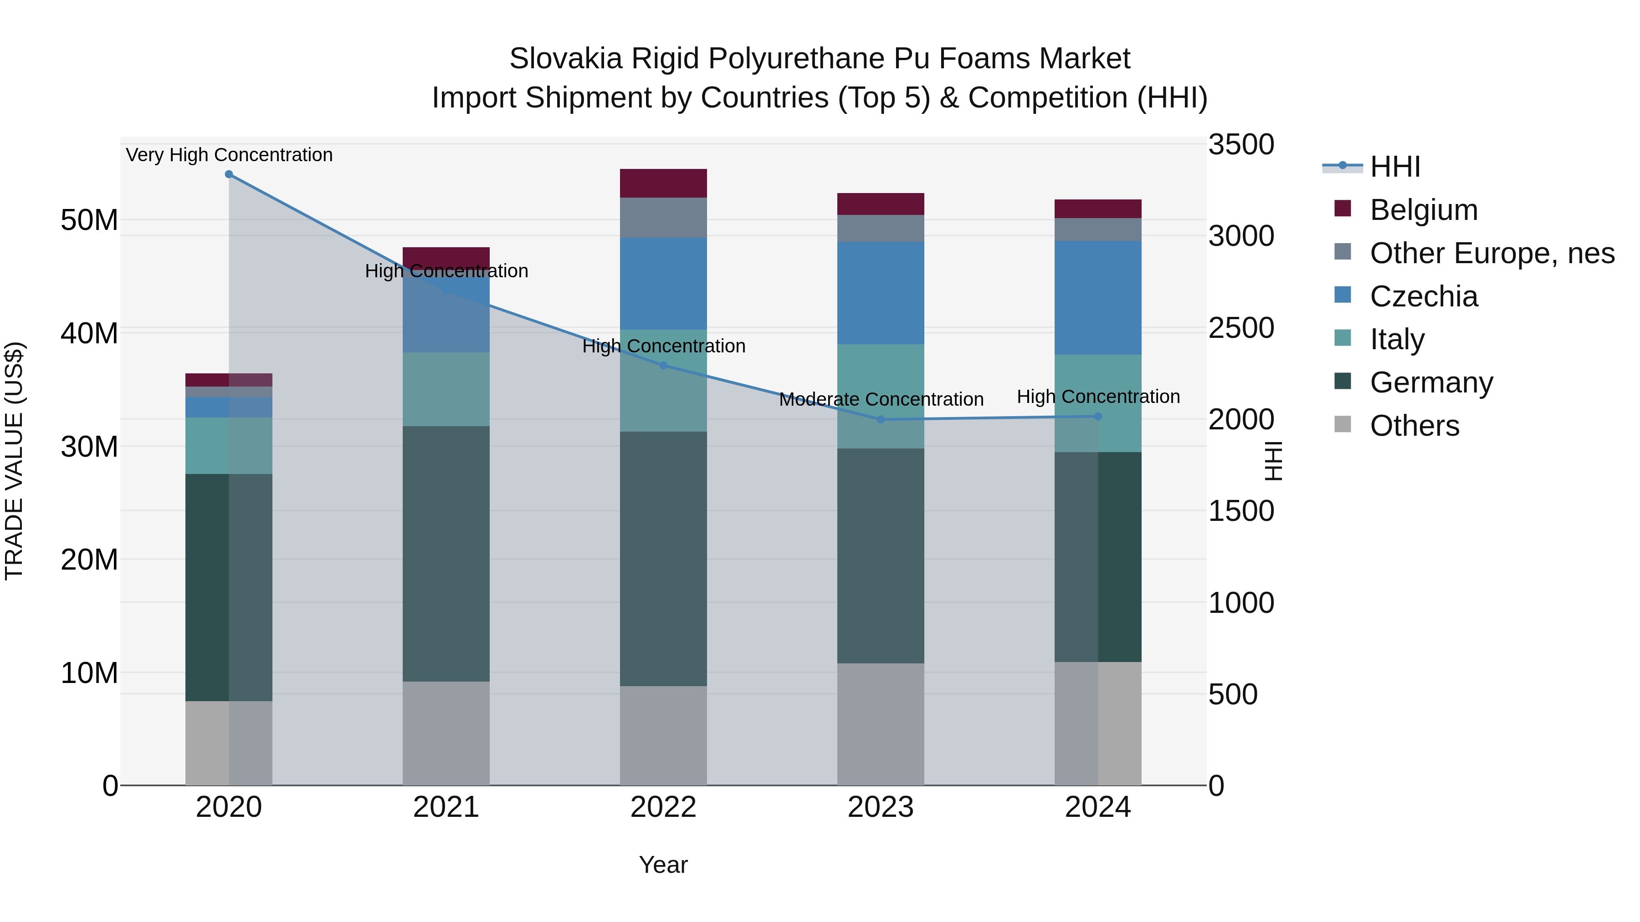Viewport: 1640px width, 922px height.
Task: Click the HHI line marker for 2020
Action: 229,174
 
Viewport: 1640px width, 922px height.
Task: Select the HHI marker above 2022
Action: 663,365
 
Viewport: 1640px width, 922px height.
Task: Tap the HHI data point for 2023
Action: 881,419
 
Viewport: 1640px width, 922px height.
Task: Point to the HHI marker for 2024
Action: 1097,416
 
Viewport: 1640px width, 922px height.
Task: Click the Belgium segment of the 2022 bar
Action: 663,183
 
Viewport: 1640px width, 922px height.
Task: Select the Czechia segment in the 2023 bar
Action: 881,293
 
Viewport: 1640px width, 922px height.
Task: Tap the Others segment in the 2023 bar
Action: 881,724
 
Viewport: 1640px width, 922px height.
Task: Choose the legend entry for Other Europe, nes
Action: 1491,253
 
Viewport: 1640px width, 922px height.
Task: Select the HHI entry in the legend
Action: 1394,167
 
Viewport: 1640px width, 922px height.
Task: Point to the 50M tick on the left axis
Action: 89,220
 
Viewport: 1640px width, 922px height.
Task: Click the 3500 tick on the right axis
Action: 1241,144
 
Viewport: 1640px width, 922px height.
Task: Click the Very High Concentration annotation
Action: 229,155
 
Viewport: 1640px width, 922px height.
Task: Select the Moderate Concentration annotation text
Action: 881,400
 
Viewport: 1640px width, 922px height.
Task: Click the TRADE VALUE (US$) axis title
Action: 14,461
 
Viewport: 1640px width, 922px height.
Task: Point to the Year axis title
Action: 663,865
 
